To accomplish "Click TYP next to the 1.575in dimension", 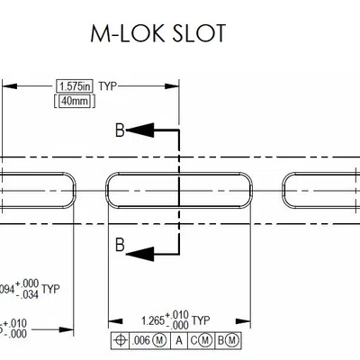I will (x=107, y=85).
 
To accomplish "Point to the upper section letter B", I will (x=118, y=130).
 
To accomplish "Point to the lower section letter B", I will (x=118, y=244).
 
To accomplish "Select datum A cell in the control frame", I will (x=179, y=339).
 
